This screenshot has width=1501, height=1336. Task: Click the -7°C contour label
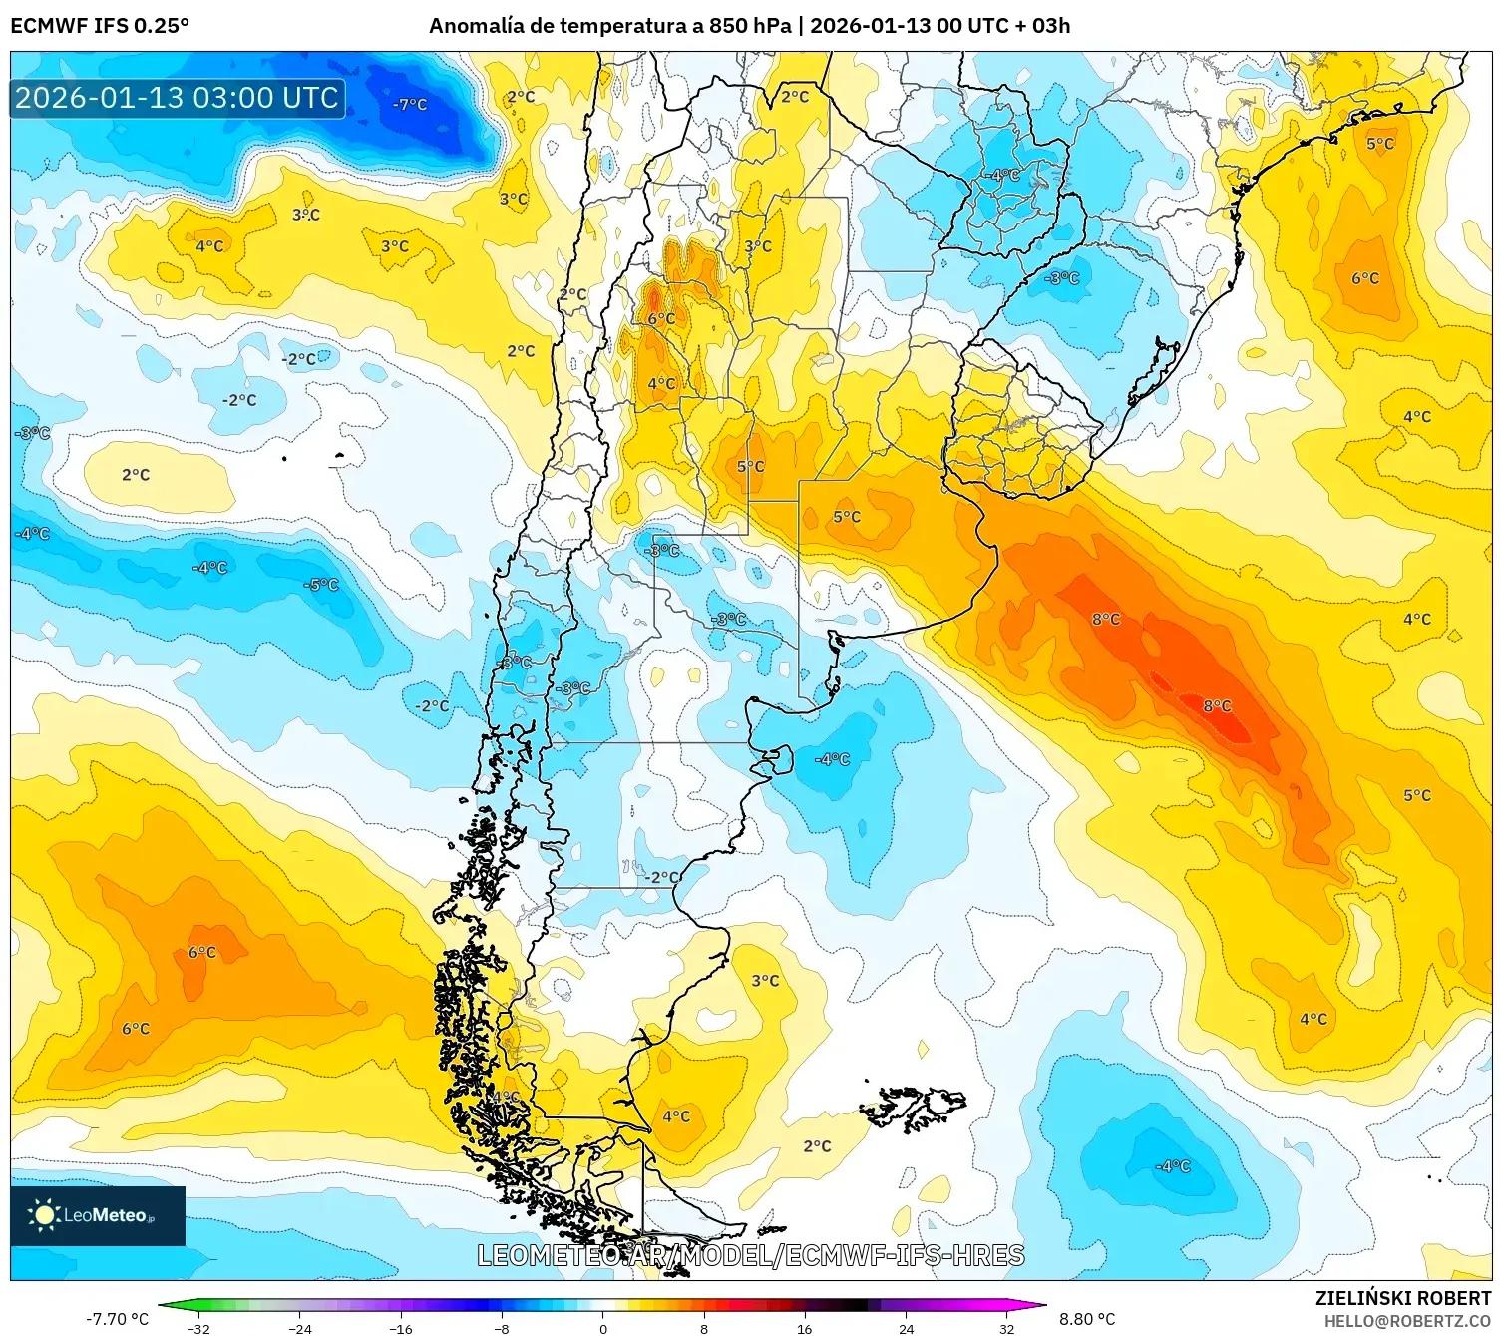point(410,104)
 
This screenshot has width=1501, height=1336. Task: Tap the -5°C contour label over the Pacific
point(322,585)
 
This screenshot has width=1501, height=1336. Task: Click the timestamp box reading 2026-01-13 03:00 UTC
point(177,98)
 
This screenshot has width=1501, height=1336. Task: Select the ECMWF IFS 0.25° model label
point(100,25)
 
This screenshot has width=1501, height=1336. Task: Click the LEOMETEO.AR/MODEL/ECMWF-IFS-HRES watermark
point(750,1255)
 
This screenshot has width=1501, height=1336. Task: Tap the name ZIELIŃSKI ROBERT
point(1402,1298)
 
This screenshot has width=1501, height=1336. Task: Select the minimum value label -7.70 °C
point(117,1319)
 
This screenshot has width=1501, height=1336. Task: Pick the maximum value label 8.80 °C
point(1087,1319)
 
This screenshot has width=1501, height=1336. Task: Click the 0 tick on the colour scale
point(602,1328)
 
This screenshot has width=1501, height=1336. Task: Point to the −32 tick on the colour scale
point(199,1328)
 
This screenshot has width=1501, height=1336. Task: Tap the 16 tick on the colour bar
point(805,1328)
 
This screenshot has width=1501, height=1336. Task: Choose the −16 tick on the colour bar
point(401,1328)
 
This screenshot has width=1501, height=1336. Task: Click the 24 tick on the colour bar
point(906,1328)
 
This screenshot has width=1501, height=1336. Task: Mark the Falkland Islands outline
point(915,1107)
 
